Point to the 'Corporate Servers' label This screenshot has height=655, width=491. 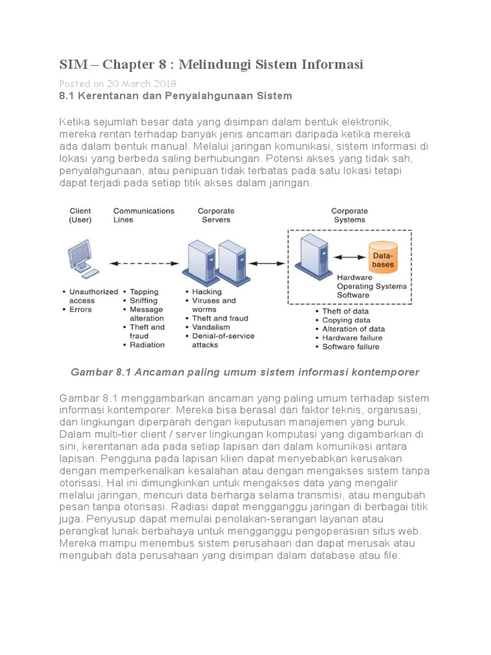pyautogui.click(x=215, y=215)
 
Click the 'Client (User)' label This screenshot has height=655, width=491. pyautogui.click(x=80, y=215)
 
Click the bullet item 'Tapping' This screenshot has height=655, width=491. pyautogui.click(x=144, y=292)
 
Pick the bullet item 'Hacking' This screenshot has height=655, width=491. pyautogui.click(x=207, y=292)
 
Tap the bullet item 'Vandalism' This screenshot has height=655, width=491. pyautogui.click(x=210, y=327)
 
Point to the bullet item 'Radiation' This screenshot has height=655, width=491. pyautogui.click(x=146, y=345)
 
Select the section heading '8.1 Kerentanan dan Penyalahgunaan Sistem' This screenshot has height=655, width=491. pyautogui.click(x=175, y=96)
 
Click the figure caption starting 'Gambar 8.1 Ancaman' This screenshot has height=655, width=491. pyautogui.click(x=245, y=372)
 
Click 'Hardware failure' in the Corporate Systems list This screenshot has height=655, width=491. pyautogui.click(x=352, y=338)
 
